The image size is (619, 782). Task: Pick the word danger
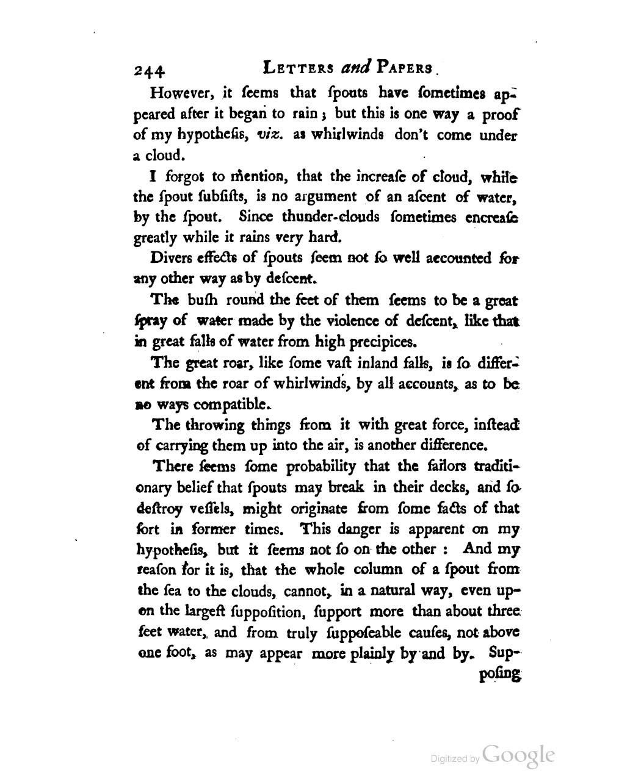[387, 529]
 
